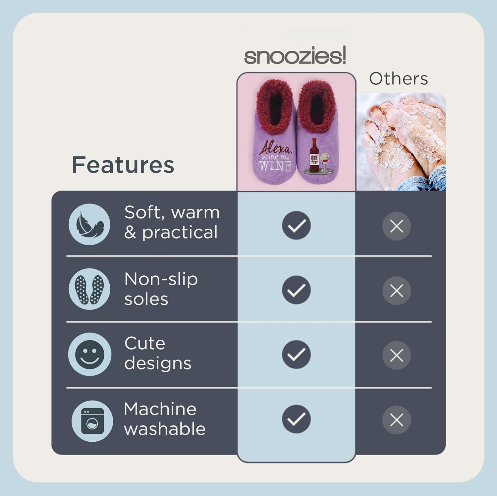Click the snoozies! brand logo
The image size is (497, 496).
click(295, 56)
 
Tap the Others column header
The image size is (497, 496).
click(398, 79)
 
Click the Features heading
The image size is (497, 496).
click(123, 165)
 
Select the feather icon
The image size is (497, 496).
click(89, 224)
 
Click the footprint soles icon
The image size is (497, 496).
click(89, 289)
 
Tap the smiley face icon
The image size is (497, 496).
click(89, 354)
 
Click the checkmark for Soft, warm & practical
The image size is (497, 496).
click(296, 225)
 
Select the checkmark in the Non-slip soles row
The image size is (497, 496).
click(296, 290)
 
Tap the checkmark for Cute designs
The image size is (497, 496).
click(296, 355)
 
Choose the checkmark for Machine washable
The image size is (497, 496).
click(296, 419)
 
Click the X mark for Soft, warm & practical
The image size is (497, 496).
click(397, 226)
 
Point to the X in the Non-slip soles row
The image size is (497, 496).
click(397, 291)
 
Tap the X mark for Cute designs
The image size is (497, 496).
click(397, 356)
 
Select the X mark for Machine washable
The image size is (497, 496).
click(397, 420)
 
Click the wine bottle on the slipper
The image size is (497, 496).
click(313, 154)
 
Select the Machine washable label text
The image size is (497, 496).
click(165, 419)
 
